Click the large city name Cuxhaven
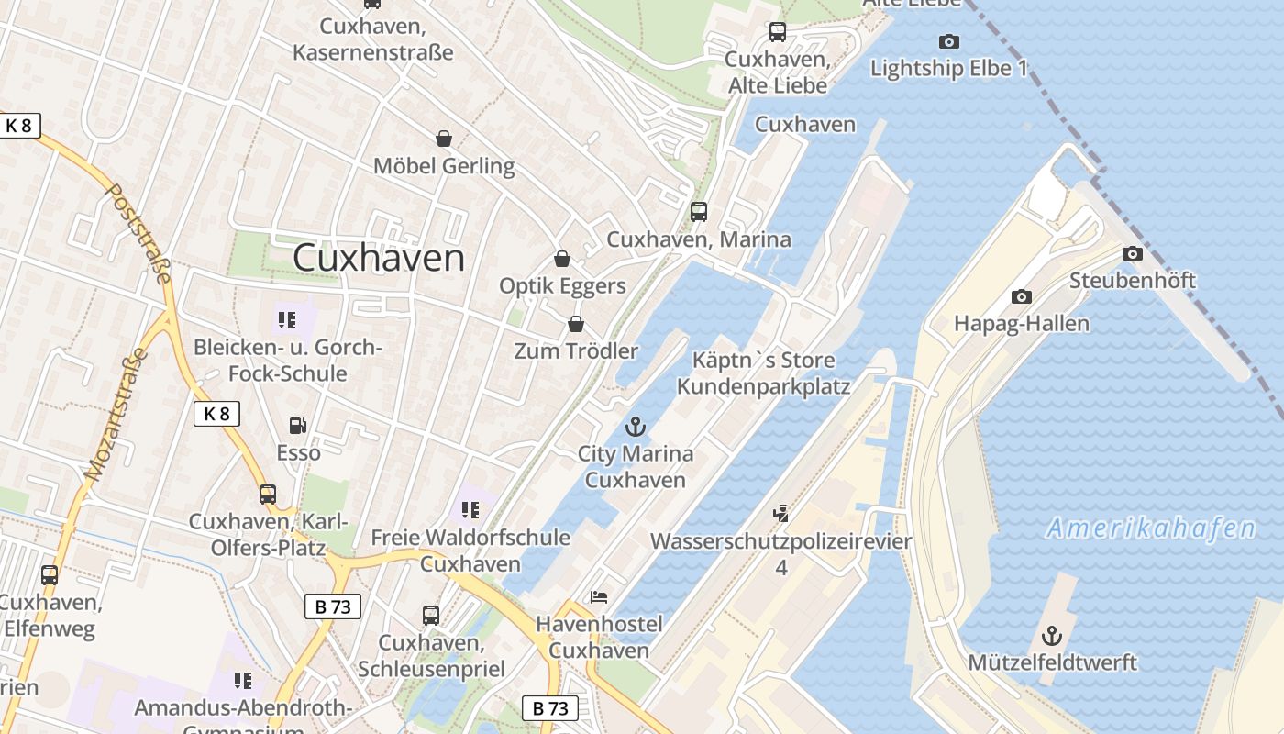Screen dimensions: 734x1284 (378, 258)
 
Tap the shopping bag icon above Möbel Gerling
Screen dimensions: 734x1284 (444, 139)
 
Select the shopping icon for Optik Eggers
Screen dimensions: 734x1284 (562, 259)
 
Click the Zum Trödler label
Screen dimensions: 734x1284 (576, 350)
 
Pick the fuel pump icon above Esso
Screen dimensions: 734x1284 (297, 425)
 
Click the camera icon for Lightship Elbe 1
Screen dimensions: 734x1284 (949, 41)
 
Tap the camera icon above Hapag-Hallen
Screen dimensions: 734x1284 (1021, 296)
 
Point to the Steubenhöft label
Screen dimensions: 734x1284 (1133, 280)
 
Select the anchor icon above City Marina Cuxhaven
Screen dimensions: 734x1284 (635, 427)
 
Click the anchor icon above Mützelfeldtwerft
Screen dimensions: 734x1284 (1052, 635)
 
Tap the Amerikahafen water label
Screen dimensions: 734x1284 (1151, 528)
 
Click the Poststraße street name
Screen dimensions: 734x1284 (140, 233)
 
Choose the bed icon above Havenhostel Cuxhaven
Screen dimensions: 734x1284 (599, 597)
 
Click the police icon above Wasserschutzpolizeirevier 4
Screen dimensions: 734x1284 (780, 514)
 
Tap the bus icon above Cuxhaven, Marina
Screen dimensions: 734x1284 (699, 212)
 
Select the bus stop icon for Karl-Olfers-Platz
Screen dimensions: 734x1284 (268, 495)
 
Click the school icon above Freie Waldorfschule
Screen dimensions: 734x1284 (470, 510)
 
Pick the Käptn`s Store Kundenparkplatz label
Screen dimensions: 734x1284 (763, 373)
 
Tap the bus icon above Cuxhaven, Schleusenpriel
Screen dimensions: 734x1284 (431, 615)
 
